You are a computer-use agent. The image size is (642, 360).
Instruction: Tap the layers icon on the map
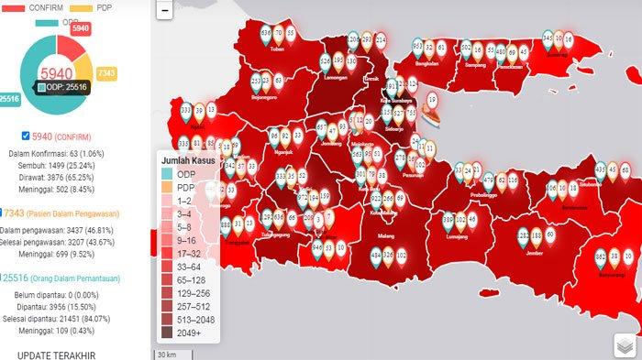[x=625, y=345]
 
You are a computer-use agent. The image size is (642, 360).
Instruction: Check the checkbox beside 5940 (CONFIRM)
[x=25, y=135]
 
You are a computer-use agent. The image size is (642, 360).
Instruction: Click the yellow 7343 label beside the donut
[x=105, y=71]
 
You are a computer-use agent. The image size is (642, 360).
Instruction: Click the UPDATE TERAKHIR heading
[x=55, y=354]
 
